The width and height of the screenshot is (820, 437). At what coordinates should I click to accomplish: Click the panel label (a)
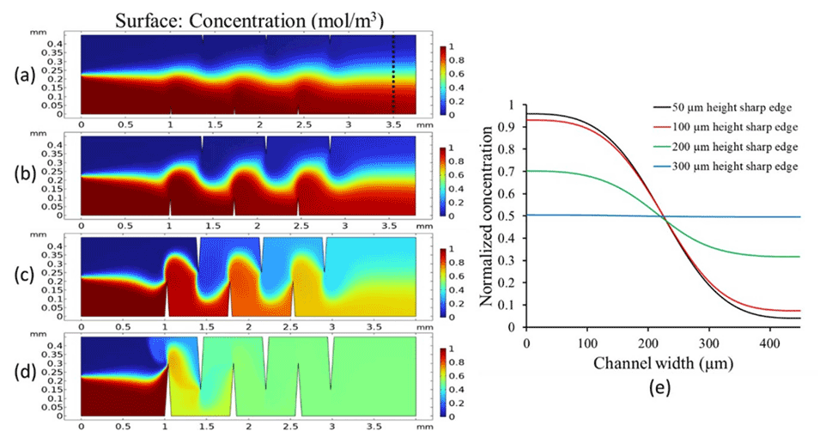pyautogui.click(x=24, y=76)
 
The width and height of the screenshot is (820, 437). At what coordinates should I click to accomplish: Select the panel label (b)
pyautogui.click(x=24, y=177)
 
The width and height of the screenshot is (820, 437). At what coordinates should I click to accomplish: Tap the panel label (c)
pyautogui.click(x=24, y=277)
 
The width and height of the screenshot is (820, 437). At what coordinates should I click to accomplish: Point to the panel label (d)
pyautogui.click(x=24, y=376)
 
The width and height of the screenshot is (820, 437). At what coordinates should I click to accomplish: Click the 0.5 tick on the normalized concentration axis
pyautogui.click(x=512, y=216)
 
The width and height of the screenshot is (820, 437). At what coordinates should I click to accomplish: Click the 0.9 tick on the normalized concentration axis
pyautogui.click(x=512, y=128)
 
